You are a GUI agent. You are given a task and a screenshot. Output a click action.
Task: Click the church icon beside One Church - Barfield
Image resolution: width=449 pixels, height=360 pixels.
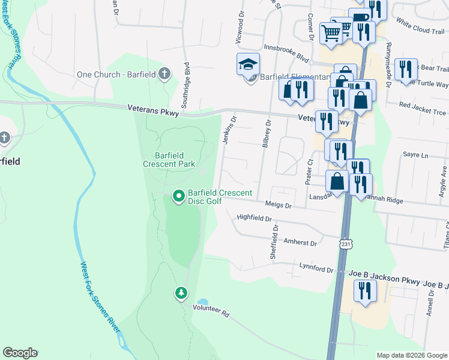click(x=164, y=74)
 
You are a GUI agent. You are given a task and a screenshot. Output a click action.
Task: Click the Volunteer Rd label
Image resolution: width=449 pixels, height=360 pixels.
click(x=211, y=313)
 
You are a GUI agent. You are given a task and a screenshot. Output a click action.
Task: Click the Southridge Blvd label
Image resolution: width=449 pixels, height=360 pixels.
click(x=187, y=76)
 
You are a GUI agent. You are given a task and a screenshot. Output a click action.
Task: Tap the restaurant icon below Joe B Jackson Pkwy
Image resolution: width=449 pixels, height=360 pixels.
click(x=364, y=290)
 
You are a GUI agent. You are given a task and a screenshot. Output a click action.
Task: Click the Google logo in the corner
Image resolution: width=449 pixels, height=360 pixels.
click(x=20, y=353)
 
